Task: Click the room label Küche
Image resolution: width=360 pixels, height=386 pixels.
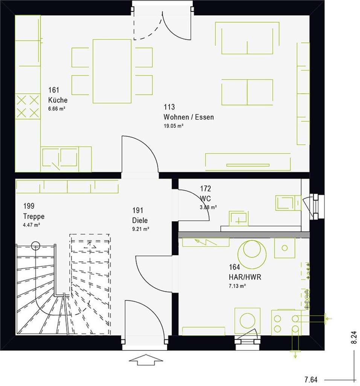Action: tap(58, 100)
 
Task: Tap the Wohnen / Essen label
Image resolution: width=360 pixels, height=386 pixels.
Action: tap(188, 117)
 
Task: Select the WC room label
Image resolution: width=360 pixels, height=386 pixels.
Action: tap(206, 199)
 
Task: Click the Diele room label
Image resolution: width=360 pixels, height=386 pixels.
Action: tap(140, 221)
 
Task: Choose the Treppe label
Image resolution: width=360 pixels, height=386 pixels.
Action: tap(34, 216)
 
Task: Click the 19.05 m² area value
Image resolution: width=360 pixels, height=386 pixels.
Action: tap(173, 126)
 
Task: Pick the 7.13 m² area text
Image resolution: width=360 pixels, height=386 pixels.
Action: tap(237, 286)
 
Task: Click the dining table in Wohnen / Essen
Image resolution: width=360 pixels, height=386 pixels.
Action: tap(112, 71)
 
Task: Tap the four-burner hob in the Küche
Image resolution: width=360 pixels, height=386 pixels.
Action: tap(27, 107)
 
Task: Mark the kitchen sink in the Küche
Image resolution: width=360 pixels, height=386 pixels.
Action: tap(60, 158)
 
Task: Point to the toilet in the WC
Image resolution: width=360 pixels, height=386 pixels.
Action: tap(288, 203)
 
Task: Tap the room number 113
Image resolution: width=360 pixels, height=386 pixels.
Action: tap(169, 107)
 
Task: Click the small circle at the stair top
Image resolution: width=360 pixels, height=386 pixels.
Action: tap(35, 245)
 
